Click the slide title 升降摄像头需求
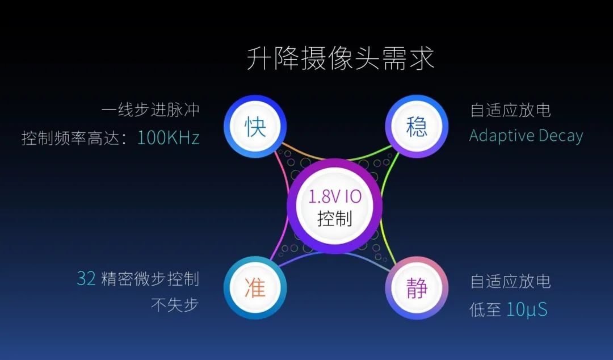[340, 58]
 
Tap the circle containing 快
[255, 127]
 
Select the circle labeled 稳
[417, 127]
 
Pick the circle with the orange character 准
[255, 288]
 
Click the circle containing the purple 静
[417, 288]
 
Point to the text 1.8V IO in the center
[335, 196]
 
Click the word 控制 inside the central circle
[335, 219]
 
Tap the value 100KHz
[169, 138]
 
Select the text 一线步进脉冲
[150, 110]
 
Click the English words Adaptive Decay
[526, 136]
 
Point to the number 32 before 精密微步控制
[86, 279]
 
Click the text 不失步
[175, 305]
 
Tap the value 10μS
[527, 309]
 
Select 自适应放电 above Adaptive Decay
[511, 110]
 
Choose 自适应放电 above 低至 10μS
[511, 281]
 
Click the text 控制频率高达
[70, 138]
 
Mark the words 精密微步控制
[150, 279]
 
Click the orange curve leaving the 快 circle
[303, 152]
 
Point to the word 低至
[485, 309]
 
